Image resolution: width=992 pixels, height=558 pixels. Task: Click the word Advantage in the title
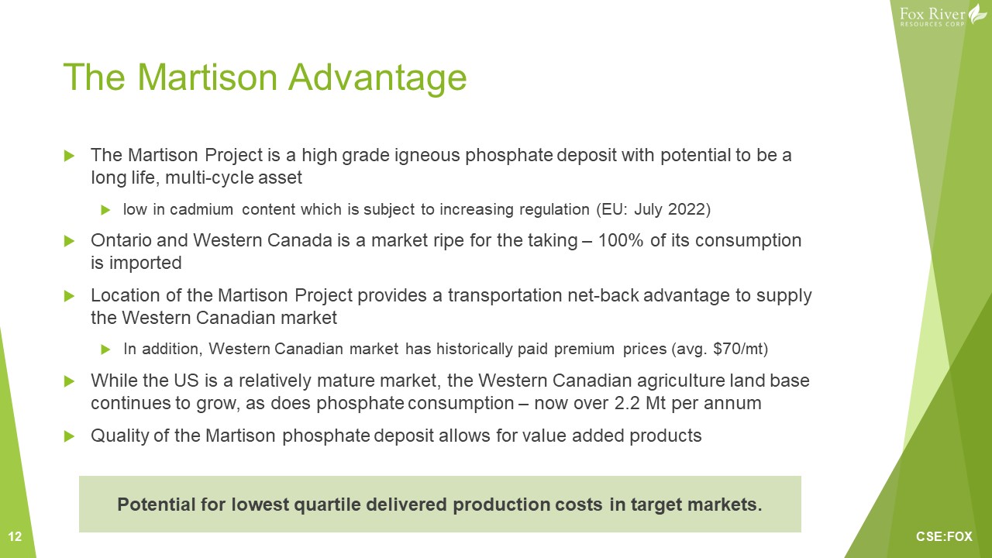pos(377,78)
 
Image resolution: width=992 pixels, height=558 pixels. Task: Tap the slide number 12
pos(15,537)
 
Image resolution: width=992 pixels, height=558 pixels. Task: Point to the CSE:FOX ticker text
pos(944,537)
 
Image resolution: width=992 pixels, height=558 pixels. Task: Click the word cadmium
pos(201,209)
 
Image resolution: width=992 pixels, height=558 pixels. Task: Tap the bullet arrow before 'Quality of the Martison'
pos(69,436)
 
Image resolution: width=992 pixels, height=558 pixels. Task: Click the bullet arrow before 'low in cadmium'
pos(105,209)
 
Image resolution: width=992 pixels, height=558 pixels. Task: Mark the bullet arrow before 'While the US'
pos(69,381)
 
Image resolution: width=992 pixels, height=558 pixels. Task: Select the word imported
pos(145,263)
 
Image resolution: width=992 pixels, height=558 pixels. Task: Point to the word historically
pos(475,349)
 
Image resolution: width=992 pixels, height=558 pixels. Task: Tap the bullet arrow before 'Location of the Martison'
pos(69,296)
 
